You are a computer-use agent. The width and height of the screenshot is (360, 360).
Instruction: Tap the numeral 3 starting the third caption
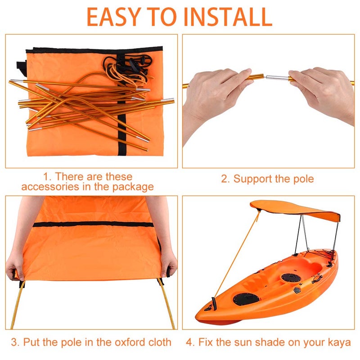coord(14,342)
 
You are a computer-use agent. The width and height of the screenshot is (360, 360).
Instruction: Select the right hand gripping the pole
coord(322,90)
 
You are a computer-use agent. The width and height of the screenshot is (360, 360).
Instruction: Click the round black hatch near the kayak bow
coord(246,298)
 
